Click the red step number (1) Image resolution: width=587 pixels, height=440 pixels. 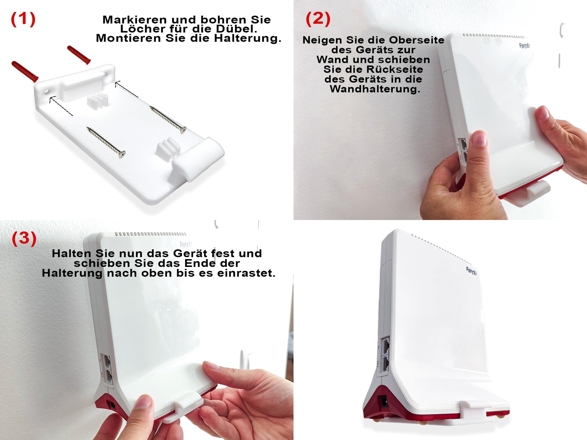pos(23,19)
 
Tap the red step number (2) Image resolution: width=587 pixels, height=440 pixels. pos(318,19)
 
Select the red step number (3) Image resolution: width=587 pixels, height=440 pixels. pos(24,239)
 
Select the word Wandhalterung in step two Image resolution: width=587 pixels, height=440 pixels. pos(375,89)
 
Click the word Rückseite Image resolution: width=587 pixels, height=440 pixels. pos(395,69)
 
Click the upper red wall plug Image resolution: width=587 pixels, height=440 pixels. pos(79,55)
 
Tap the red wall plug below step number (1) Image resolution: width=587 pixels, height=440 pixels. pos(25,71)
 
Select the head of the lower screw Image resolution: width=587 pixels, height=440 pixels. pos(122,154)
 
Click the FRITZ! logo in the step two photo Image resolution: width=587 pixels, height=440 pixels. pos(524,46)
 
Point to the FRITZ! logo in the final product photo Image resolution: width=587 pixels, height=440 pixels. pos(471,271)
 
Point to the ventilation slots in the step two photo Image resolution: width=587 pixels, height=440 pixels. pos(493,36)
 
